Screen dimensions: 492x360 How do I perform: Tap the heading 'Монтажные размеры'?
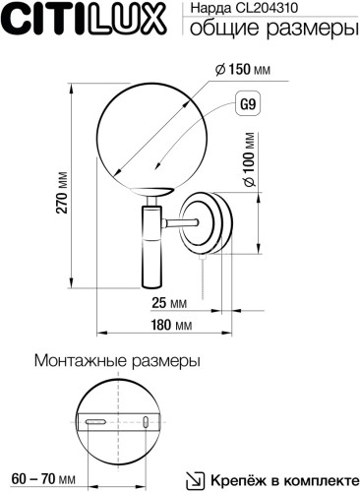pos(117,361)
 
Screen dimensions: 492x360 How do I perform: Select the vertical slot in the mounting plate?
pos(145,423)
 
